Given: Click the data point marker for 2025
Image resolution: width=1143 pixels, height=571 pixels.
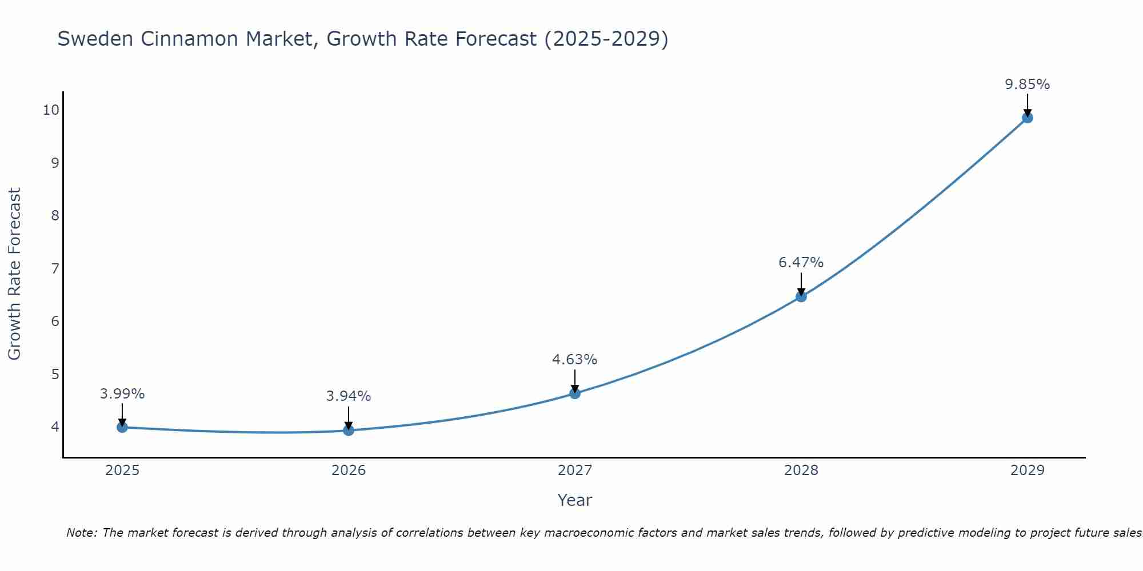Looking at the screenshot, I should click(122, 427).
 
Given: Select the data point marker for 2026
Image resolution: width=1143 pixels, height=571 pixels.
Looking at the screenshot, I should click(349, 430).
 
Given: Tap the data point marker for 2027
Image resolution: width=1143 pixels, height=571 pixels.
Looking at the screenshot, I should click(575, 393).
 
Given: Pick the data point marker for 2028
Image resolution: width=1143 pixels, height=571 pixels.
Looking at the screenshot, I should click(801, 296).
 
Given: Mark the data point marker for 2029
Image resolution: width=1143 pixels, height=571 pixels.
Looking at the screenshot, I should click(1028, 118).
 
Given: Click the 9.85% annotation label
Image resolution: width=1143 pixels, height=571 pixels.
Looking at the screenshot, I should click(1028, 85).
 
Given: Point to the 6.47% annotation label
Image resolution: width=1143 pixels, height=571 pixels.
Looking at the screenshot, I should click(801, 263).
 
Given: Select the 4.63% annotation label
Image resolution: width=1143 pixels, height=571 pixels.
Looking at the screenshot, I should click(575, 360).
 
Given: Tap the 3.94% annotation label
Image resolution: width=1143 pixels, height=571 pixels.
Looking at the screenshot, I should click(349, 396).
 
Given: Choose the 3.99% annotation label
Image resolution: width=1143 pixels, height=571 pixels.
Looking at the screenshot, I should click(122, 394).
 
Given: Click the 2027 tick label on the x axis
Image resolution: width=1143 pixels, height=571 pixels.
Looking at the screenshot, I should click(575, 471).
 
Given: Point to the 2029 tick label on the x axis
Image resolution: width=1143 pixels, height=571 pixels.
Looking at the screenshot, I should click(1028, 471).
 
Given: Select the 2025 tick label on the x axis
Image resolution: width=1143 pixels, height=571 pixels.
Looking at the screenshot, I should click(122, 471).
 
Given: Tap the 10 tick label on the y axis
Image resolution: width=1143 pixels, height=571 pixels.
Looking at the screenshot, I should click(51, 110).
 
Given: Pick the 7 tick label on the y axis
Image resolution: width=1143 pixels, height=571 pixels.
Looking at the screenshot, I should click(55, 268).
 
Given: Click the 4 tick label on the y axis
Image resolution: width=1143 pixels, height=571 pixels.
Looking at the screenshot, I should click(55, 427).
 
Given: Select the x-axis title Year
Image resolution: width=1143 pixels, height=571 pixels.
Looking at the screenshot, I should click(575, 500).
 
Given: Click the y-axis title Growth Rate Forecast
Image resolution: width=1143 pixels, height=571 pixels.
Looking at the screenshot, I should click(14, 274).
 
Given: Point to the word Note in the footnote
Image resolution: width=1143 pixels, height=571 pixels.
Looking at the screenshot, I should click(81, 533).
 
